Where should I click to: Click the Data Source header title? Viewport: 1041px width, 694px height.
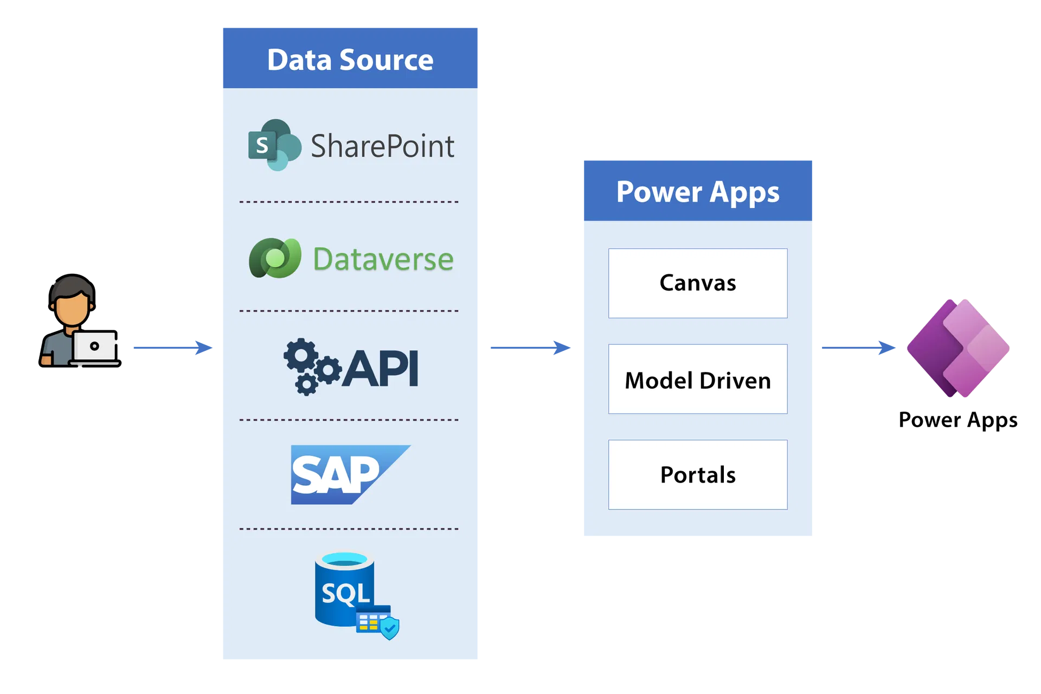pyautogui.click(x=350, y=60)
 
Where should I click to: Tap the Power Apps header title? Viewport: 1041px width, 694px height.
pyautogui.click(x=698, y=192)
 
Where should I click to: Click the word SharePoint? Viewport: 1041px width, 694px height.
pyautogui.click(x=382, y=146)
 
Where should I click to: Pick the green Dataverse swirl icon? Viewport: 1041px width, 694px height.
pyautogui.click(x=275, y=258)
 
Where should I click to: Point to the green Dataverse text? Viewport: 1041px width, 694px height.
pyautogui.click(x=383, y=259)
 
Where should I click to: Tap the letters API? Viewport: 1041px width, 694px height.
pyautogui.click(x=382, y=369)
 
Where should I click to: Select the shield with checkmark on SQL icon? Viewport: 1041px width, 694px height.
pyautogui.click(x=390, y=628)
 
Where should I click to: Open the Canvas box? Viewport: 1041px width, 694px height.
pyautogui.click(x=698, y=283)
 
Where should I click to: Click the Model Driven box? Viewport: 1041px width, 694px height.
pyautogui.click(x=698, y=380)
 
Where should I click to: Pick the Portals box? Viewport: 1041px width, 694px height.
pyautogui.click(x=698, y=475)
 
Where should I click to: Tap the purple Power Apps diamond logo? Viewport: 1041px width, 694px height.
pyautogui.click(x=959, y=348)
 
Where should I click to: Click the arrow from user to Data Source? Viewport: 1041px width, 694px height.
pyautogui.click(x=173, y=348)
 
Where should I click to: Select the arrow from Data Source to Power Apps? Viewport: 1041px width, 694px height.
pyautogui.click(x=530, y=348)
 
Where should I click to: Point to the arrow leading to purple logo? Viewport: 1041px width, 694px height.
pyautogui.click(x=859, y=348)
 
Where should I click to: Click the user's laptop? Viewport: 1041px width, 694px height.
pyautogui.click(x=95, y=346)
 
